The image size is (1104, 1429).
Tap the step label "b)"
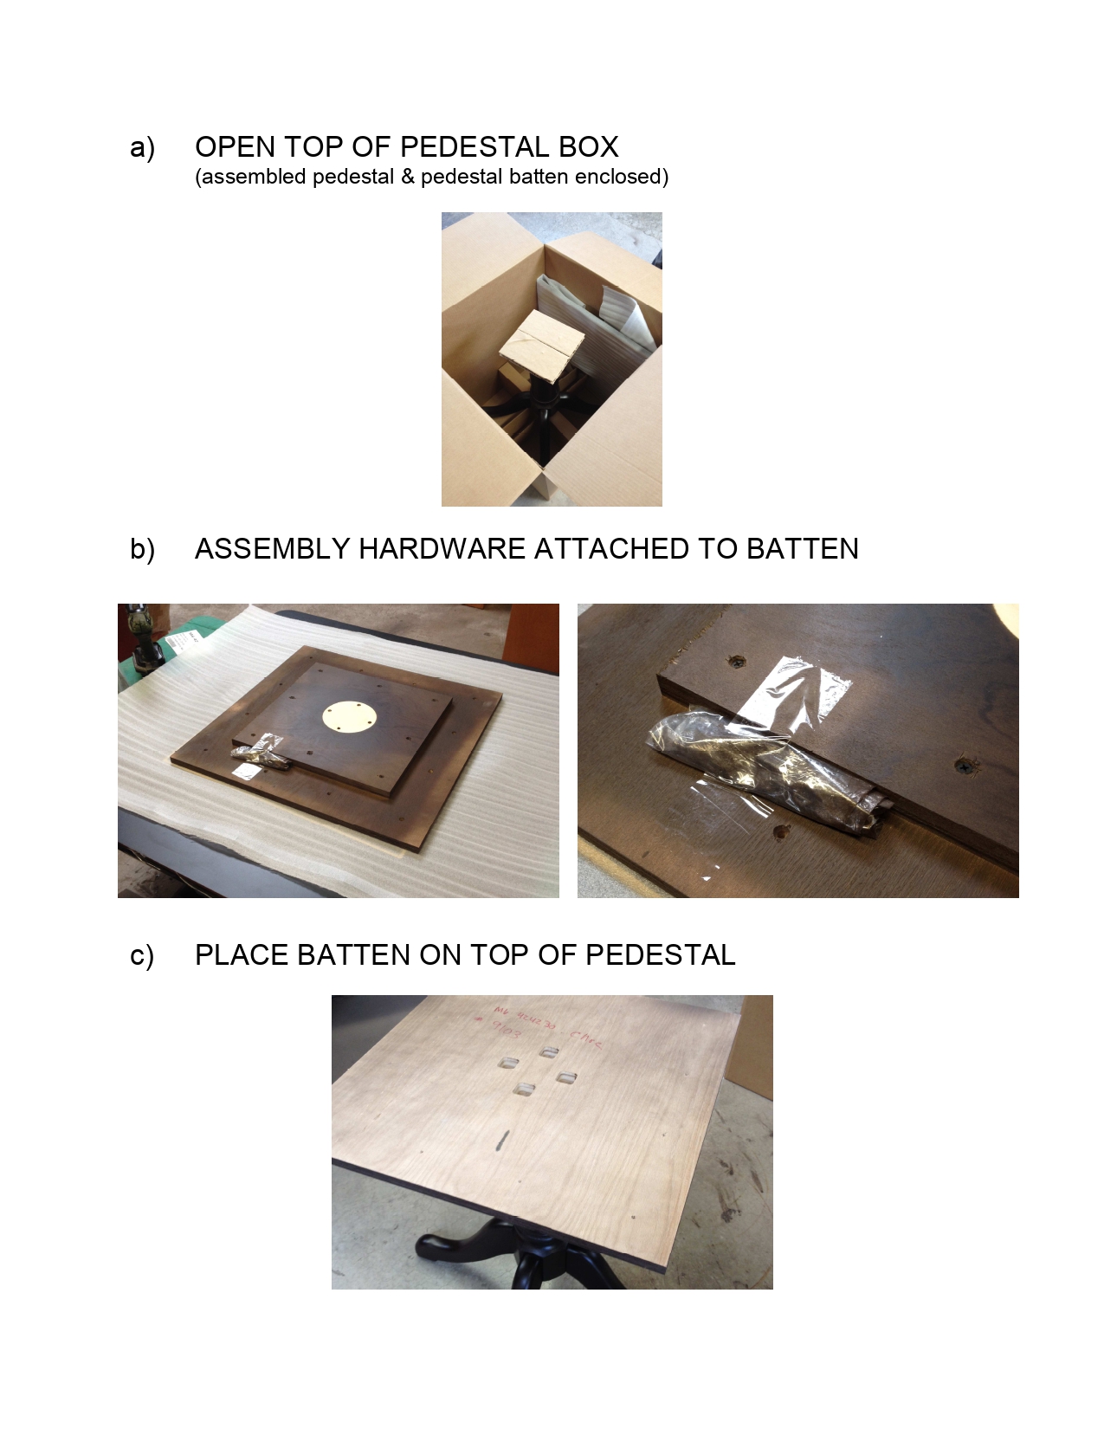(142, 549)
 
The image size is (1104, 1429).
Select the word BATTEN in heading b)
(802, 549)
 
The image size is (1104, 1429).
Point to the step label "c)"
(142, 955)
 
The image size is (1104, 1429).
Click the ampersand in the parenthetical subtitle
(408, 177)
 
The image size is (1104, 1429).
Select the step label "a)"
(142, 147)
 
